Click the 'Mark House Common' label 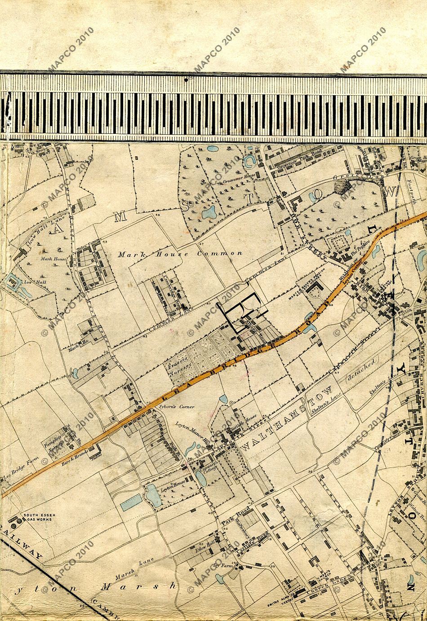tap(180, 254)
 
